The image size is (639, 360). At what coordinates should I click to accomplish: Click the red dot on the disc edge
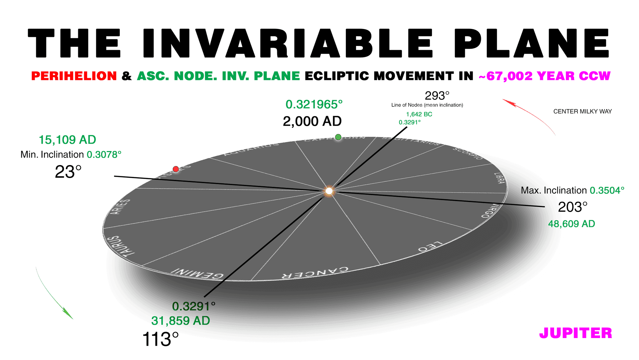[176, 169]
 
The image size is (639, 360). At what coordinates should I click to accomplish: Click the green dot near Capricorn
[338, 137]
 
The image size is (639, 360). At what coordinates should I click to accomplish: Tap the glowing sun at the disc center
[329, 191]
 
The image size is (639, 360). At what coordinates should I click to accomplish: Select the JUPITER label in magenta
[575, 333]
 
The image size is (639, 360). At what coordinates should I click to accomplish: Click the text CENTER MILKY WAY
[582, 111]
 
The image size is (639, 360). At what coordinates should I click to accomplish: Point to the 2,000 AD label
[312, 121]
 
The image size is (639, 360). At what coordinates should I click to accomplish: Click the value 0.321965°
[314, 104]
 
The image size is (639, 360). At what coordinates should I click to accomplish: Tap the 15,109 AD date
[67, 140]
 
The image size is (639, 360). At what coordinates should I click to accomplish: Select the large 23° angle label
[68, 172]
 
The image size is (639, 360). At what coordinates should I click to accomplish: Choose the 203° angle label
[572, 207]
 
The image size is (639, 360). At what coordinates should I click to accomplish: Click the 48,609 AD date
[571, 224]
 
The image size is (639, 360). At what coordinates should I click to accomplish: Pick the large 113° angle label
[160, 339]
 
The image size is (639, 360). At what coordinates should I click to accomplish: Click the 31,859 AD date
[180, 321]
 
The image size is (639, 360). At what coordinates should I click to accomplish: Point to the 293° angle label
[437, 96]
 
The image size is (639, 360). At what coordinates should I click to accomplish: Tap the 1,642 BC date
[419, 114]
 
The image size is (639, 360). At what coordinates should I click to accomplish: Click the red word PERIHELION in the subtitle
[74, 76]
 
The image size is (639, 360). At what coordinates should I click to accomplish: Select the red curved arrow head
[508, 102]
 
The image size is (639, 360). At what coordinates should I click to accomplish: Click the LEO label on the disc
[430, 246]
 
